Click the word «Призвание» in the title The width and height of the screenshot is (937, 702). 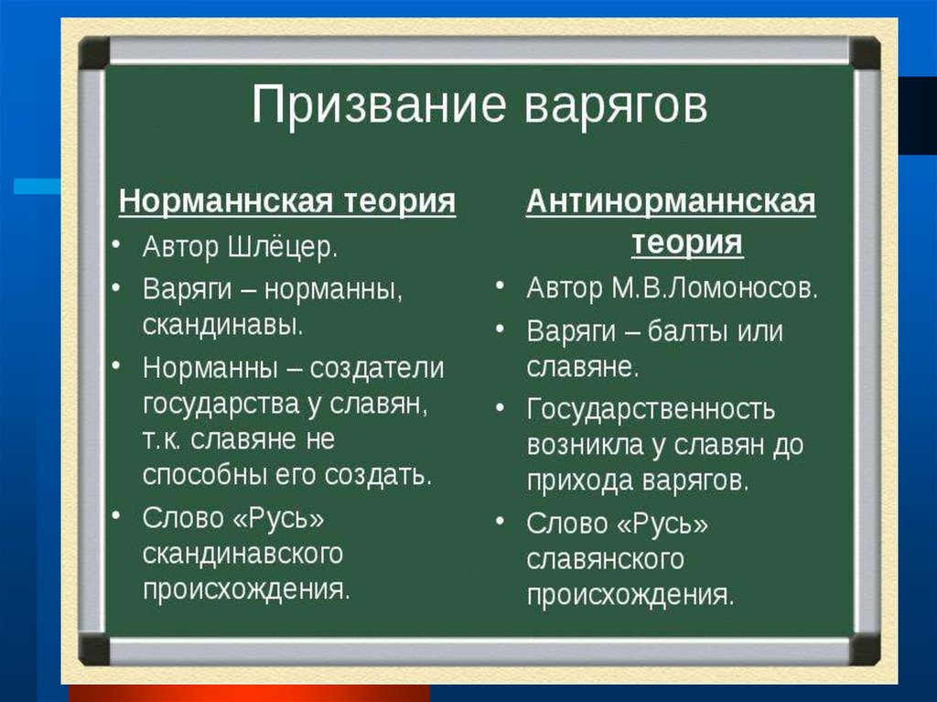(379, 105)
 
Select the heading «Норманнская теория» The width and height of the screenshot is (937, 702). (287, 200)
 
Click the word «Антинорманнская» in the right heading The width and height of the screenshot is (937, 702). (671, 201)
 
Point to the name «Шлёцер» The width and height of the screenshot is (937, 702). (284, 247)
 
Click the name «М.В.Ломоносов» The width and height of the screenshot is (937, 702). (714, 288)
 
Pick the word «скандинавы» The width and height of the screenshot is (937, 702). (223, 325)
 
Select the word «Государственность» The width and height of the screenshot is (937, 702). (651, 409)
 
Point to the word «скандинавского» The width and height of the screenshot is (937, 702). (243, 554)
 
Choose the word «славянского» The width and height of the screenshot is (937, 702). (606, 560)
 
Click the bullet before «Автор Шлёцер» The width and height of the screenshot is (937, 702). (116, 243)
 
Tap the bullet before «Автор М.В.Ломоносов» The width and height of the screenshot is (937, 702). (501, 285)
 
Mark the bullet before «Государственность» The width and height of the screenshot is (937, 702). (501, 407)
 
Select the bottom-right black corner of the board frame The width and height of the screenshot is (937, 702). (865, 650)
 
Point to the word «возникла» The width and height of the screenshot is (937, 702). (583, 445)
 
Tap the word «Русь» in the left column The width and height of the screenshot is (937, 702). (278, 518)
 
